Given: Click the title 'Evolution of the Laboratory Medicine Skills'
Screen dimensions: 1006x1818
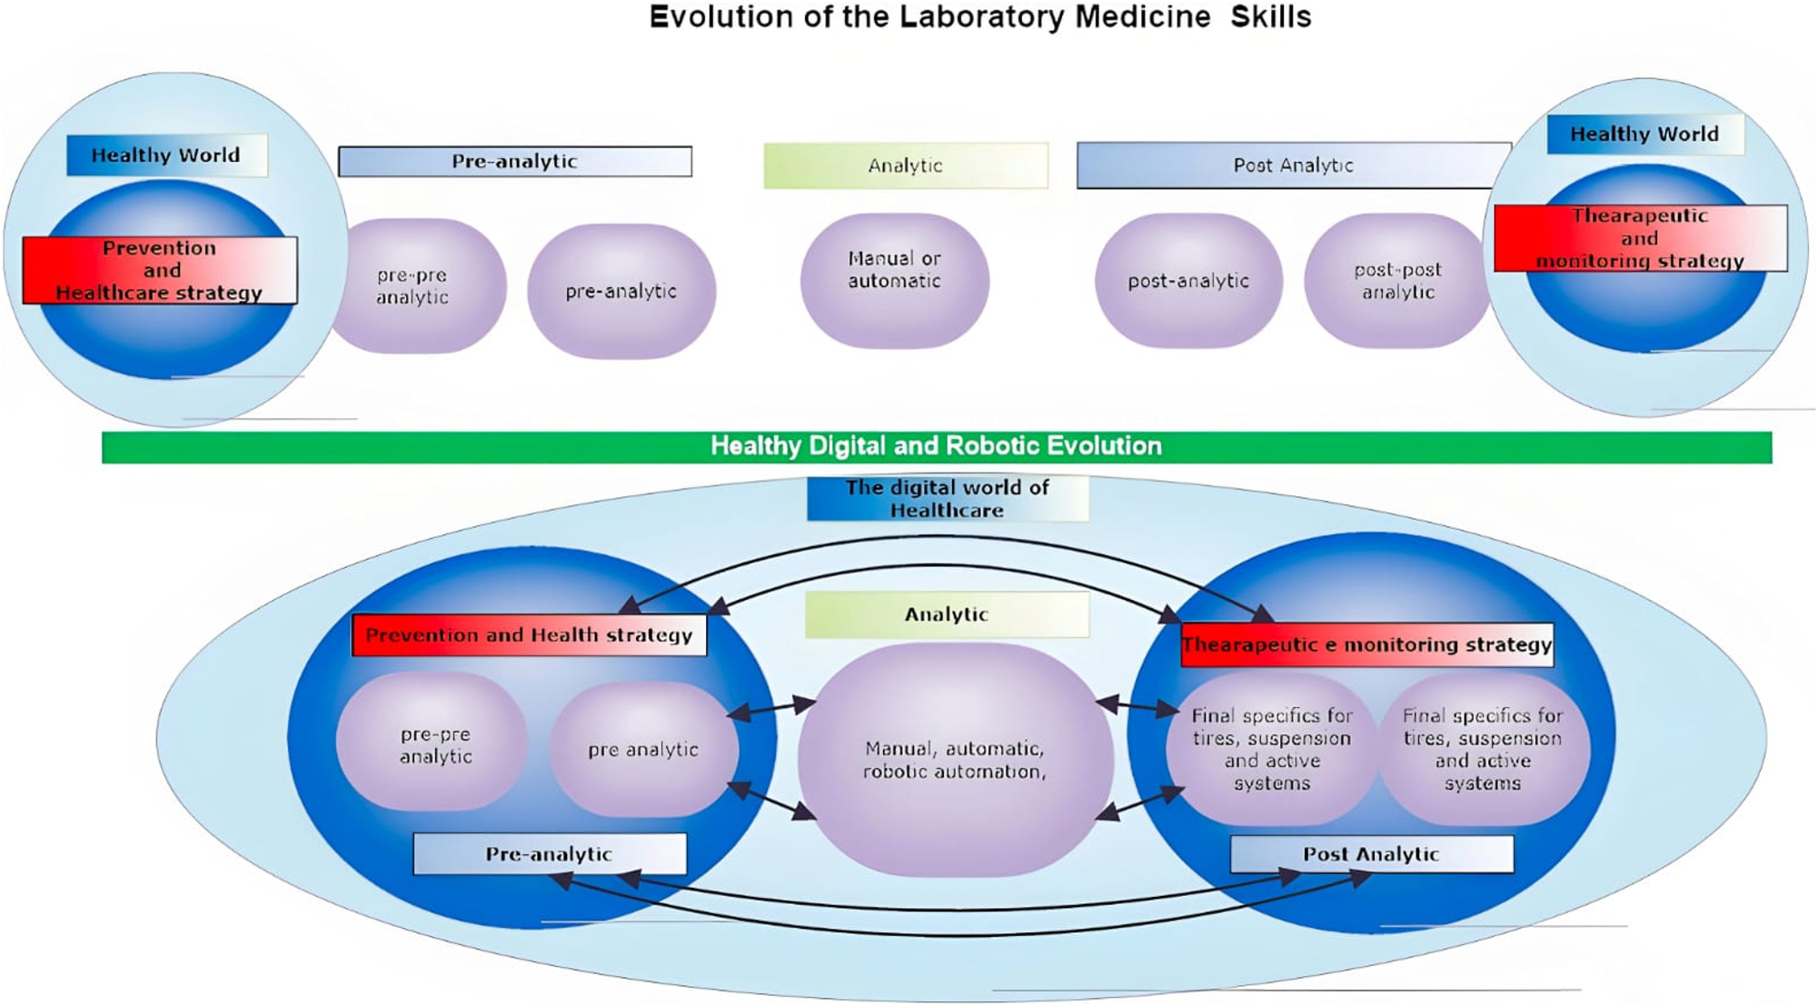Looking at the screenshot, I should coord(979,17).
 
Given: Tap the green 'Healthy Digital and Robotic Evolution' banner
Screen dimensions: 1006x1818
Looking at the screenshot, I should coord(936,446).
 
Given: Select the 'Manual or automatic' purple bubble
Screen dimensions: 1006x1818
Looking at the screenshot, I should coord(895,280).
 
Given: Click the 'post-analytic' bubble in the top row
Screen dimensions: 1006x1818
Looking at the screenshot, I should coord(1188,281).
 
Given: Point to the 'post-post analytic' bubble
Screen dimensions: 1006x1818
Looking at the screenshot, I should coord(1397,281).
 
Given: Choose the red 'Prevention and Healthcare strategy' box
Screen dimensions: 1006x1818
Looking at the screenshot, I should coord(160,270).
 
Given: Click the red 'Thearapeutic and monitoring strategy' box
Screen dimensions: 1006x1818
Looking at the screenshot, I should coord(1640,238).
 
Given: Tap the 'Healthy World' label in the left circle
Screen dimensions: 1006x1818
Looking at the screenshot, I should coord(166,155).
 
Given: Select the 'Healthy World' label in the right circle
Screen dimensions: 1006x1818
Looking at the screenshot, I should coord(1644,134).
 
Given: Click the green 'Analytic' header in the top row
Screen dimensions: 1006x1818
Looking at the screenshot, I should coord(905,165).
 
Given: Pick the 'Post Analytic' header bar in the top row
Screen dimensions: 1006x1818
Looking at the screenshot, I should coord(1292,165).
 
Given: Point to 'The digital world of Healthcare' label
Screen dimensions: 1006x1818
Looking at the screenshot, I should coord(947,499).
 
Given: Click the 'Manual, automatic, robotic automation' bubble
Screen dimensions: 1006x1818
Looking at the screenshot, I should coord(954,760).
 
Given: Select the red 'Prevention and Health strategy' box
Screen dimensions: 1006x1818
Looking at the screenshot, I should coord(529,635).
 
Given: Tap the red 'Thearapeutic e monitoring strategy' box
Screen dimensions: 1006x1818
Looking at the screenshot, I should coord(1366,645).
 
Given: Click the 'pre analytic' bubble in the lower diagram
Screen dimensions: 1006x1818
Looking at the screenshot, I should coord(643,750).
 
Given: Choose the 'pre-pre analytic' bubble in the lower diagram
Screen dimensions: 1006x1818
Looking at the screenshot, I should coord(435,744).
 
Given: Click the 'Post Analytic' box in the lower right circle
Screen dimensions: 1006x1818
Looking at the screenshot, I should coord(1371,854).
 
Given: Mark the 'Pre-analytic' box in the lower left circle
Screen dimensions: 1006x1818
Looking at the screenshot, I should coord(549,854).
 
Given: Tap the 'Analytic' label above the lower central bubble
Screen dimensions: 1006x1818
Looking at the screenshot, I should coord(946,614).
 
